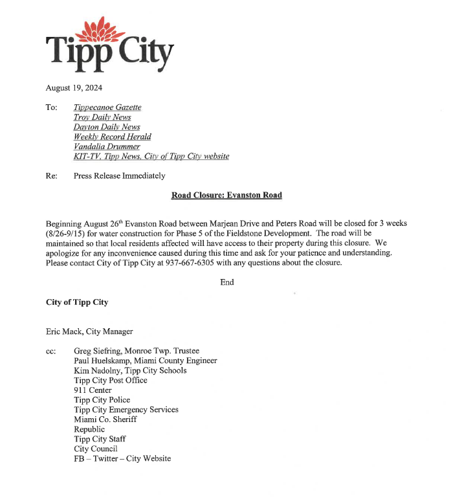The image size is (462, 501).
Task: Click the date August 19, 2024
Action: coord(74,87)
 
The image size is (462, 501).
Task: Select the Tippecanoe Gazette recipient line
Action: coord(107,107)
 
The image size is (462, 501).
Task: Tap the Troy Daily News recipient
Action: coord(102,117)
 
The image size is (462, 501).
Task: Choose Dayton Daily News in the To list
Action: coord(106,127)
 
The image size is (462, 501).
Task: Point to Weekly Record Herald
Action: coord(112,137)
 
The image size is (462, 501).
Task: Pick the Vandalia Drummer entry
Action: coord(107,146)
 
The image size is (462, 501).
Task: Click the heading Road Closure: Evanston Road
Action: coord(226,195)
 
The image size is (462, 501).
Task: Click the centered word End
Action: coord(227,282)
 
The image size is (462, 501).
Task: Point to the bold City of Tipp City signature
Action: coord(77,302)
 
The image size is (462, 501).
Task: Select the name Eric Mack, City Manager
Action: coord(89,331)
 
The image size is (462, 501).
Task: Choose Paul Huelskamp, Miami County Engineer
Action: coord(146,361)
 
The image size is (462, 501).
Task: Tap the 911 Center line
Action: coord(93,390)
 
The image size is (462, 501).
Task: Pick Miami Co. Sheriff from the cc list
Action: coord(105,419)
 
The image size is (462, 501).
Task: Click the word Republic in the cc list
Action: coord(89,429)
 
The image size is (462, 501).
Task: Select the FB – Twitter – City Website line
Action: coord(122,458)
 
